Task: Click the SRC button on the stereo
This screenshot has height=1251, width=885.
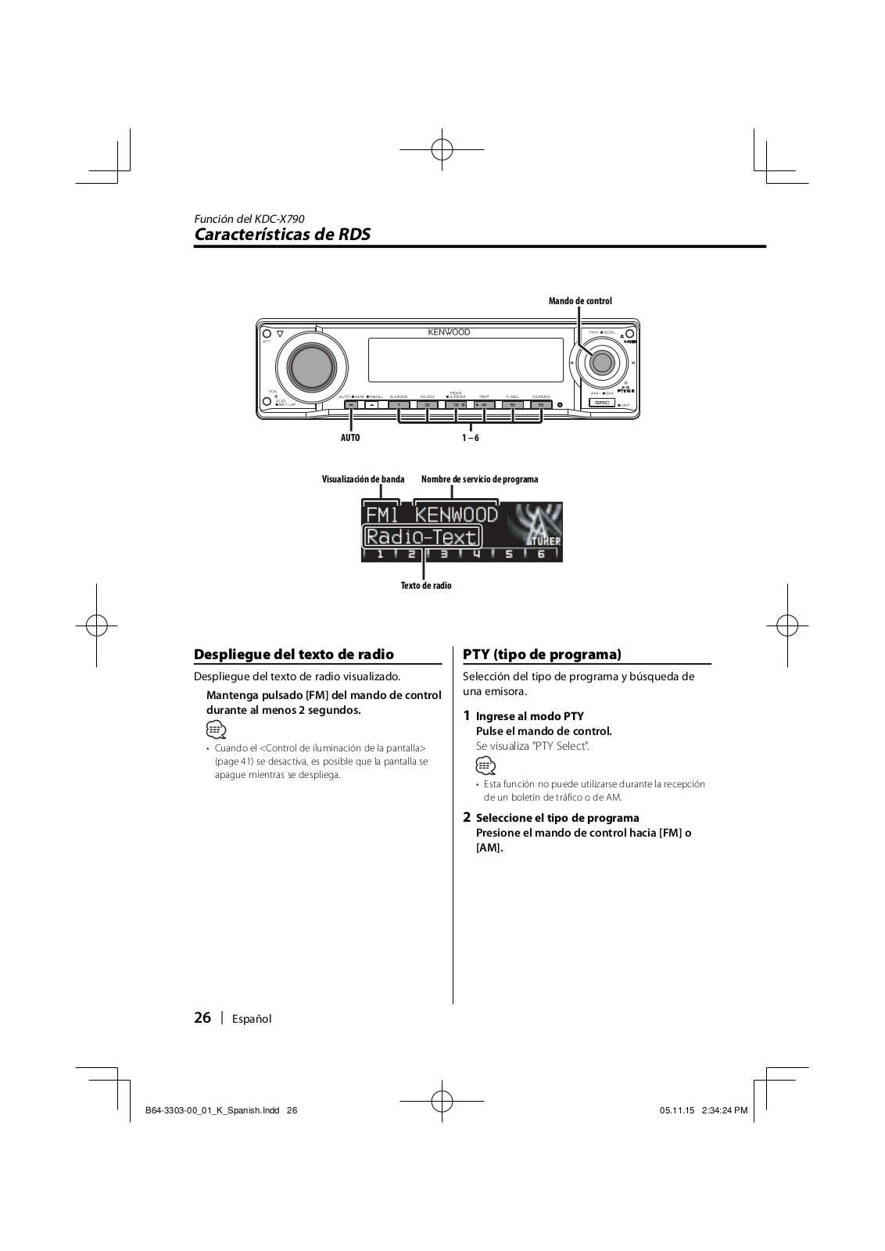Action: [x=601, y=403]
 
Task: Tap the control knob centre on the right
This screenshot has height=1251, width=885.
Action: [x=601, y=362]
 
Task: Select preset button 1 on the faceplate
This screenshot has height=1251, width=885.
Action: [x=398, y=404]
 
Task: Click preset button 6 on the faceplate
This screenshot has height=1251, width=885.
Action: [x=541, y=404]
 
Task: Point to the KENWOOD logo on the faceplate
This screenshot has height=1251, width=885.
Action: [x=449, y=332]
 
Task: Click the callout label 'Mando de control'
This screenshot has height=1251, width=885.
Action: [x=580, y=301]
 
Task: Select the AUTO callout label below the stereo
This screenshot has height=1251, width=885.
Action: [x=350, y=438]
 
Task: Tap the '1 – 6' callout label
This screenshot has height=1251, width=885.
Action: [x=470, y=438]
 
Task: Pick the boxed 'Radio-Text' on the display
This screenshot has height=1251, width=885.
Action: [x=422, y=536]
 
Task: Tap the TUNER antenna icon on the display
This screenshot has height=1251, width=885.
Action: [x=536, y=524]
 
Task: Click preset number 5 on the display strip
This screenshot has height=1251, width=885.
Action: [x=509, y=554]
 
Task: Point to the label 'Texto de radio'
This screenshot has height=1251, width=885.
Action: [x=426, y=586]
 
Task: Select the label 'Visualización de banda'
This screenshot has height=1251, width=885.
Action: [x=364, y=479]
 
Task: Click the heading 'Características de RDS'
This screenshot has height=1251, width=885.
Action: [x=282, y=235]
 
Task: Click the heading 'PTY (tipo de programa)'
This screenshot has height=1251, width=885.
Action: [x=542, y=654]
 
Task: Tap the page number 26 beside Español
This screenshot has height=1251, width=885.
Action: [x=202, y=1017]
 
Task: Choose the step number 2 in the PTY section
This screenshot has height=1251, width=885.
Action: [x=467, y=817]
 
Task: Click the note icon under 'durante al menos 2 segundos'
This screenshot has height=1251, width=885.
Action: [x=217, y=730]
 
